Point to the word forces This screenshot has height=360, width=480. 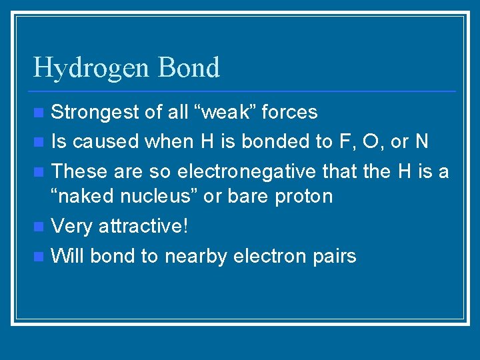289,112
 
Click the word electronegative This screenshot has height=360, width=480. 246,171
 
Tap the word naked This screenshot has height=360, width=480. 88,196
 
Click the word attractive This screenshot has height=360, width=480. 143,226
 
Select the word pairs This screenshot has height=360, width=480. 334,256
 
